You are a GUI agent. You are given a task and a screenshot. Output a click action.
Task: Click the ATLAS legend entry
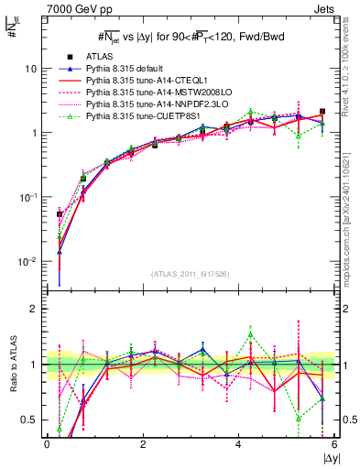[99, 57]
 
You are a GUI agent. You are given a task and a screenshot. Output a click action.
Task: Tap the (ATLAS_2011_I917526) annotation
[190, 274]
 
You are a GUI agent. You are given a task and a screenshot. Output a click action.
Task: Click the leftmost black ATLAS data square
[60, 214]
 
